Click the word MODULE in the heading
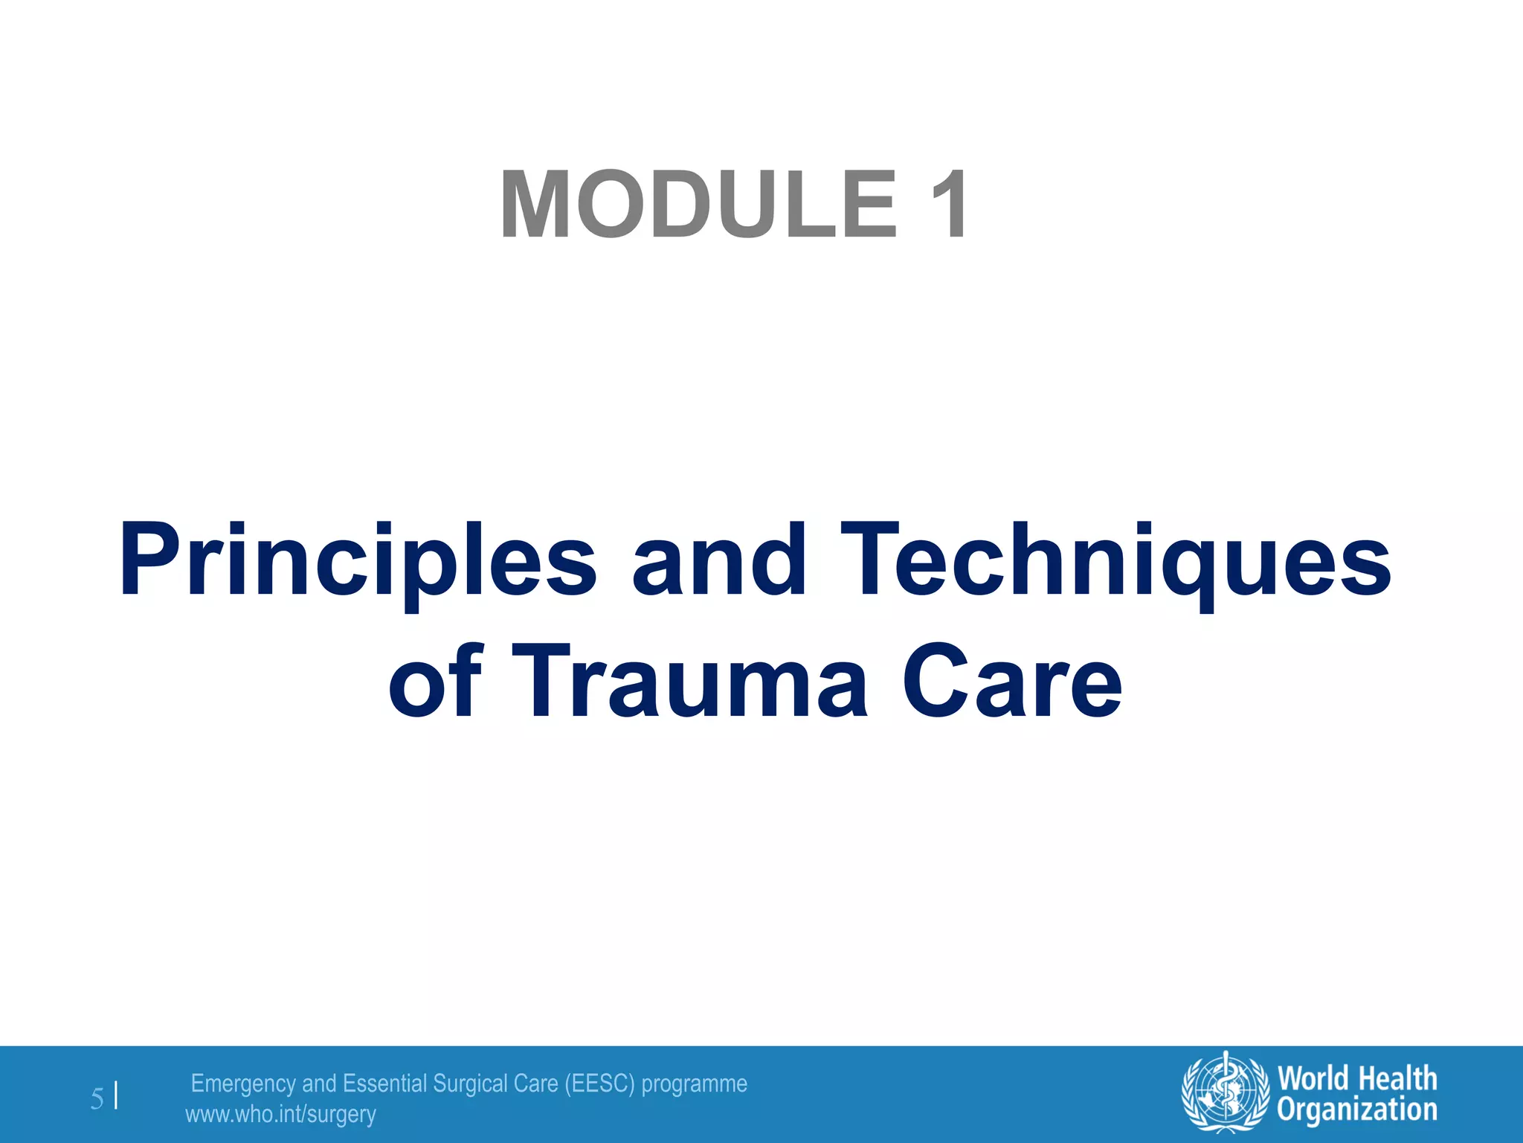pyautogui.click(x=699, y=205)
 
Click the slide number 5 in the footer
pyautogui.click(x=97, y=1099)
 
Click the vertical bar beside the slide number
pyautogui.click(x=116, y=1097)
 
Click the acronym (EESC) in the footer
pyautogui.click(x=599, y=1083)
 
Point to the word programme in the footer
pyautogui.click(x=694, y=1084)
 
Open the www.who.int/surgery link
pyautogui.click(x=280, y=1115)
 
